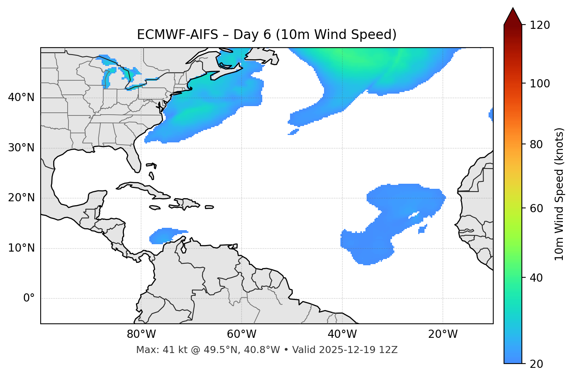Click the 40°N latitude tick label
click(x=21, y=98)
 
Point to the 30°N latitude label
click(x=21, y=148)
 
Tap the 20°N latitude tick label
click(x=21, y=198)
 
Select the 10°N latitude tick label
click(x=21, y=248)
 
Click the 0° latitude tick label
click(x=29, y=298)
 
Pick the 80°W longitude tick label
click(x=141, y=334)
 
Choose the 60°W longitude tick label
click(x=242, y=334)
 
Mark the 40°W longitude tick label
click(x=342, y=334)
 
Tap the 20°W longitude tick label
click(x=443, y=334)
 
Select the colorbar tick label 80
click(x=538, y=144)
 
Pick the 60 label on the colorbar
click(x=538, y=208)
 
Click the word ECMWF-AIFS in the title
click(x=177, y=35)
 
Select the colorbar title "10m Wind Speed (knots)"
click(x=559, y=194)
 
